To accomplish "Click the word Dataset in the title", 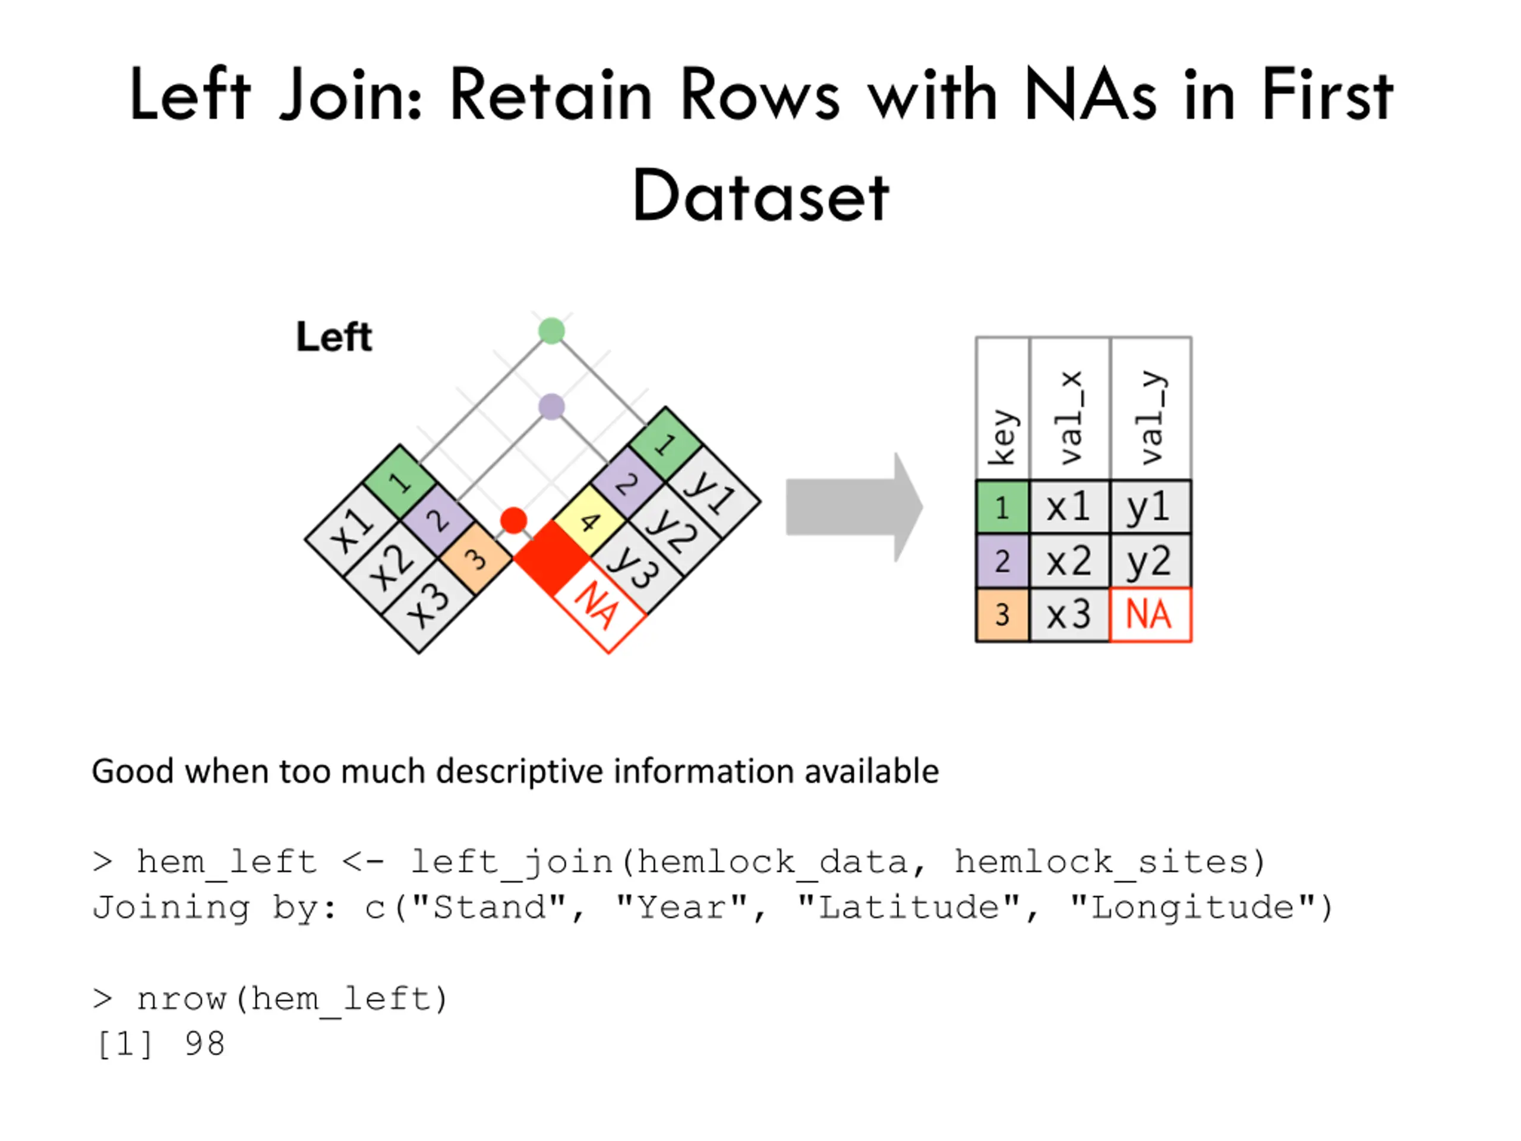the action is coord(760,197).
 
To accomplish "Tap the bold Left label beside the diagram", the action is coord(334,337).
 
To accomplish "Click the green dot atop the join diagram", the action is coord(551,331).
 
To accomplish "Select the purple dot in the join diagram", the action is coord(551,406).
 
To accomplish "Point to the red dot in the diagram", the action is coord(514,521).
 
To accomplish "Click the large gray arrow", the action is coord(854,508).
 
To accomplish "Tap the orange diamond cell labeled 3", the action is coord(476,559).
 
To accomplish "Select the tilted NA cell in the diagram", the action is coord(599,606).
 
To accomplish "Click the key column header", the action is coord(1002,408).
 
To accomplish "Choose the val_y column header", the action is coord(1151,408).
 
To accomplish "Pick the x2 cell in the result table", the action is coord(1069,561).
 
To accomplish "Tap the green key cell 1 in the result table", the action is coord(1002,508).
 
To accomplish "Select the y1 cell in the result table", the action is coord(1150,508).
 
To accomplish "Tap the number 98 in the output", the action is coord(204,1044).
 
